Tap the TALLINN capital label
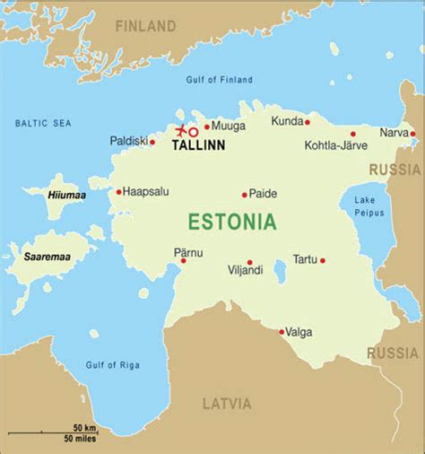pos(198,144)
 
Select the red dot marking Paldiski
pos(152,142)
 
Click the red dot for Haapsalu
pos(118,191)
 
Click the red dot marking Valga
pos(282,332)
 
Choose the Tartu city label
pos(305,259)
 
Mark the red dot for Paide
pos(244,194)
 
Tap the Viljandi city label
pos(246,269)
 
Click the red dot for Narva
pos(413,135)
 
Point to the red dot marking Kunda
pos(307,122)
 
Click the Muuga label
pos(228,127)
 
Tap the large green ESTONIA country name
pos(231,222)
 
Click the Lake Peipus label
pos(369,205)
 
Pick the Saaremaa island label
pos(48,257)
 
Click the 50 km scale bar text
pos(85,428)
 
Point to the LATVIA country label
pos(227,403)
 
